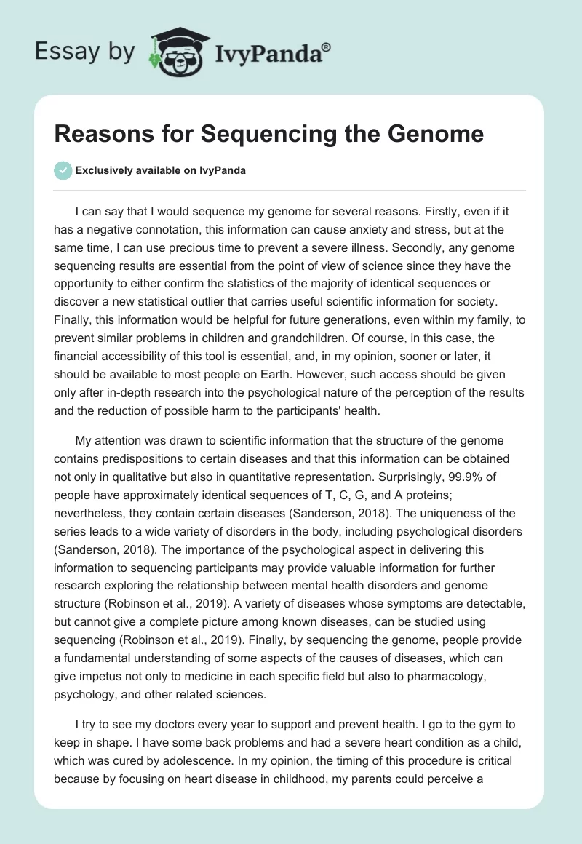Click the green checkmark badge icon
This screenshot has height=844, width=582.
tap(63, 170)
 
